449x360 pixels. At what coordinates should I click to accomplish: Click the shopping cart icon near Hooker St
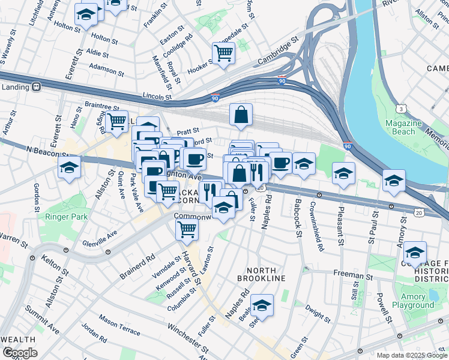(x=223, y=53)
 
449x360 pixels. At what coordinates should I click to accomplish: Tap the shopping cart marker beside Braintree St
(x=116, y=121)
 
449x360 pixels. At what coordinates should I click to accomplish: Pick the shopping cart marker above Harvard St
(x=187, y=229)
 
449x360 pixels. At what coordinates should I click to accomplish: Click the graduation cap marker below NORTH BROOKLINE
(x=262, y=305)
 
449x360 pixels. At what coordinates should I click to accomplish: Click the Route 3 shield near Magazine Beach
(x=400, y=109)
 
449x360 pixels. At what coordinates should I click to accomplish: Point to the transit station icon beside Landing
(x=36, y=86)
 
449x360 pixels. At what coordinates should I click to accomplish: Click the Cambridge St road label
(x=278, y=52)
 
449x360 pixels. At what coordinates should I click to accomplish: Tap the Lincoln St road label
(x=157, y=95)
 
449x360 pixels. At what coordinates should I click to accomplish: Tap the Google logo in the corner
(x=20, y=353)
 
